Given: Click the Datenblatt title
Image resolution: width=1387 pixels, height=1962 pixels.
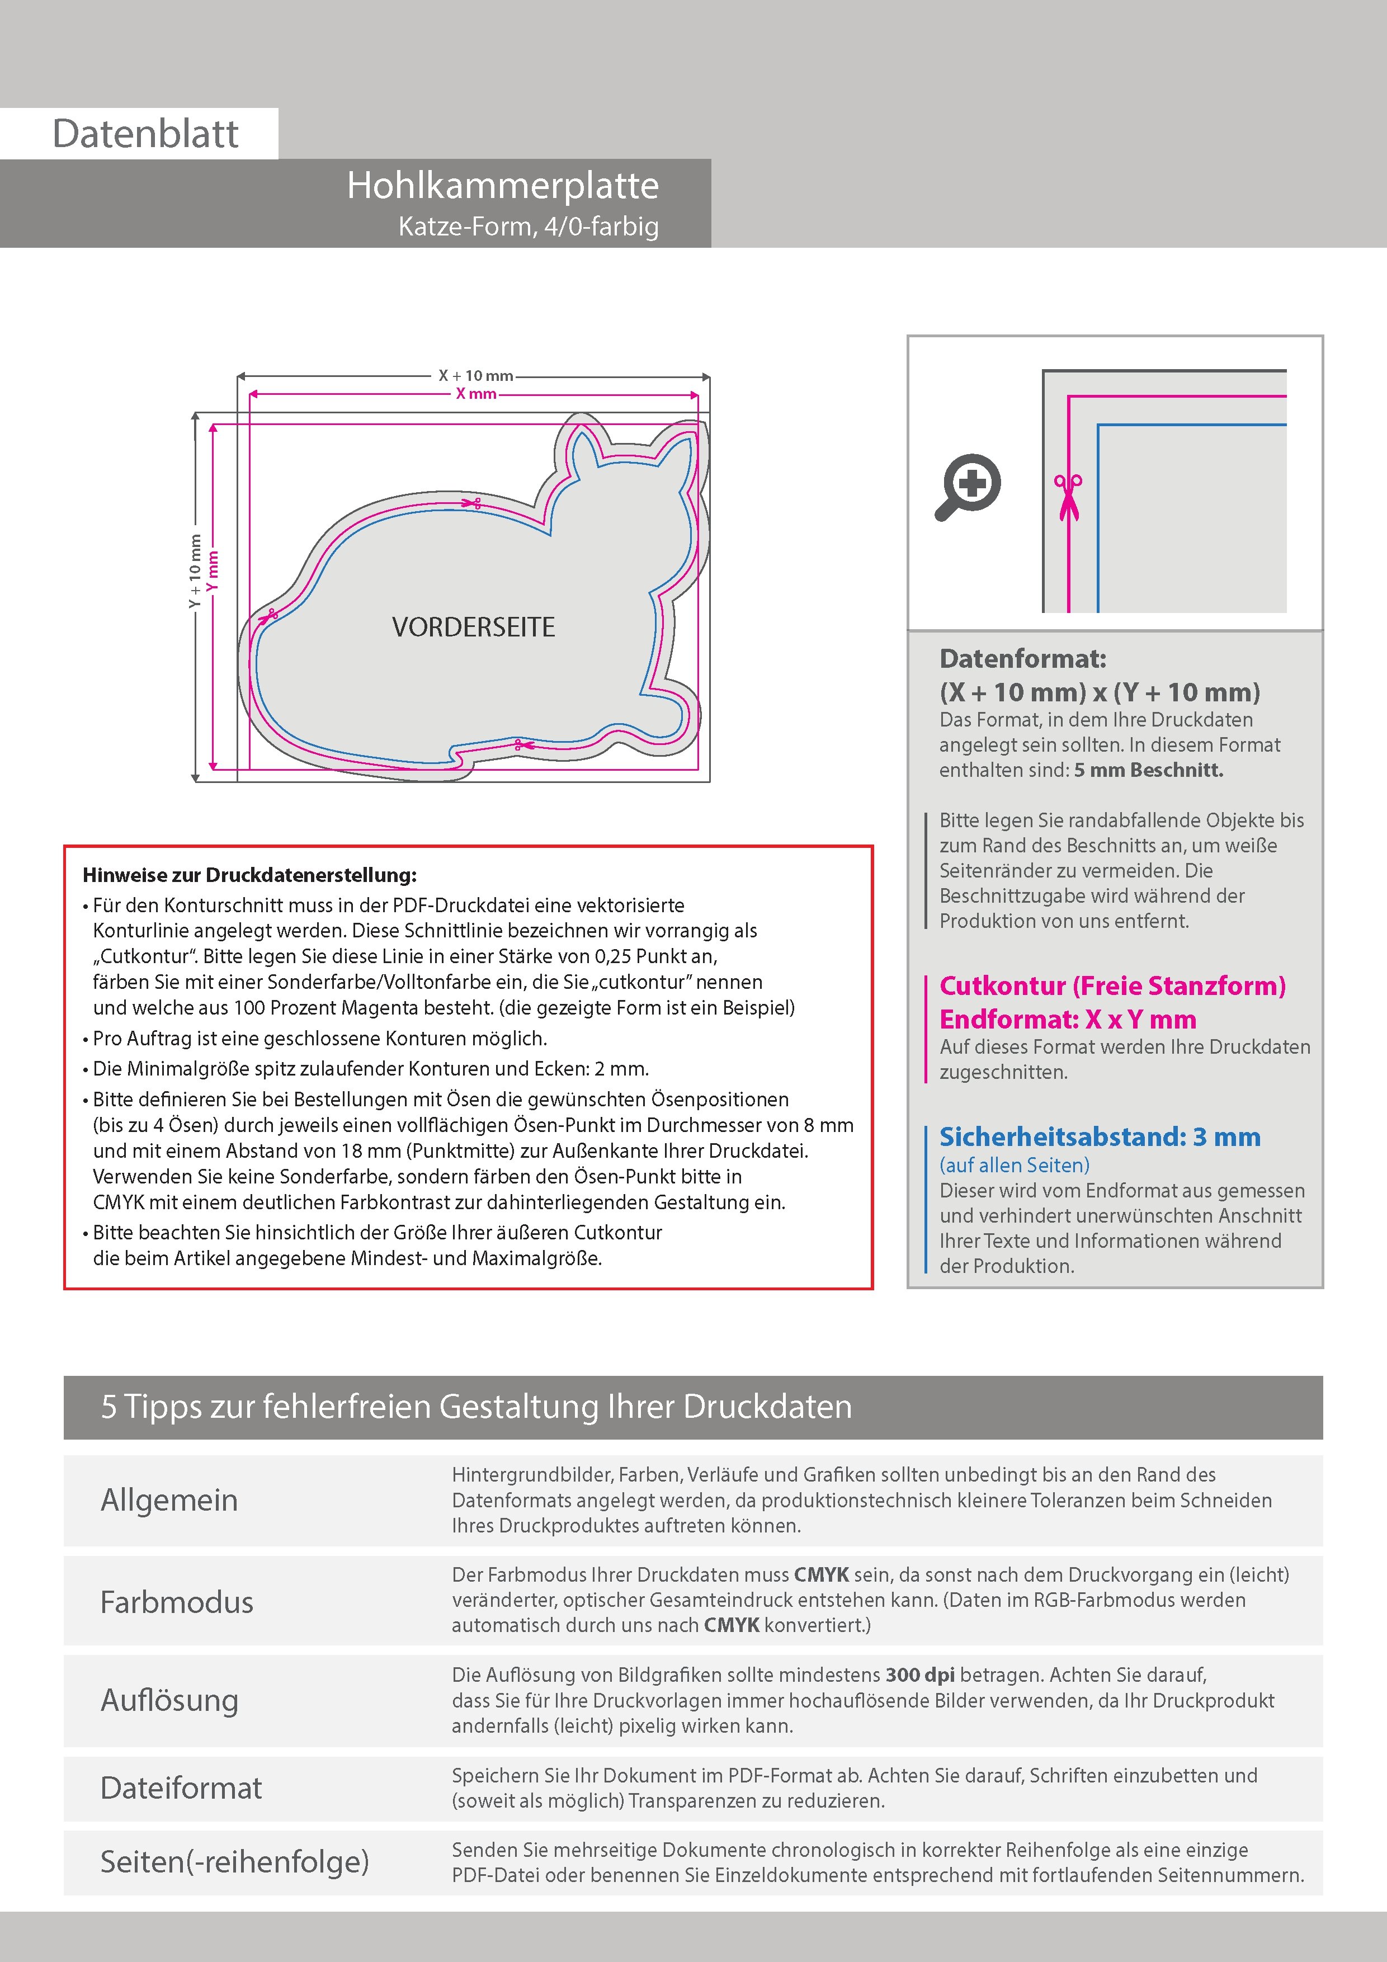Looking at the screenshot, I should point(145,134).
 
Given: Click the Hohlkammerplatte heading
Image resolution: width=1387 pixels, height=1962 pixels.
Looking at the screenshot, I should point(502,186).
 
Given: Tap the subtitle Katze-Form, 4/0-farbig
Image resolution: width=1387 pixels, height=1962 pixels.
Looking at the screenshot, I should point(528,227).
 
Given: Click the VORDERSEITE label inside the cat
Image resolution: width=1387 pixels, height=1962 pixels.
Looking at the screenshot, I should point(474,627).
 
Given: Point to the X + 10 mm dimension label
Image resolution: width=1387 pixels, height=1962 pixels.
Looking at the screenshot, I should point(475,375).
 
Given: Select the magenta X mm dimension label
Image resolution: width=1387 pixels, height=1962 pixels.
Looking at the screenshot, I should point(476,394).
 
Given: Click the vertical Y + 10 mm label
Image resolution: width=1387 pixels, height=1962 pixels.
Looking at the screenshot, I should point(195,571).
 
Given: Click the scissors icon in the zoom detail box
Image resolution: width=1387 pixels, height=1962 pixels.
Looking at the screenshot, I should point(1068,496).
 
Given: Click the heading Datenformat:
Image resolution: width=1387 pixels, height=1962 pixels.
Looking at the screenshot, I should point(1022,659).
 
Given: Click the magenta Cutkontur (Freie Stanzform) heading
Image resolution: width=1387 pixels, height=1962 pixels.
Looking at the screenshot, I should point(1112,986).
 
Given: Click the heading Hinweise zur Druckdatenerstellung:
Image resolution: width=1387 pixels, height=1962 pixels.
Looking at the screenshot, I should point(249,875).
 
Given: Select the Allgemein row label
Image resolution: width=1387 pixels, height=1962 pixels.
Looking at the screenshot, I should point(169,1499).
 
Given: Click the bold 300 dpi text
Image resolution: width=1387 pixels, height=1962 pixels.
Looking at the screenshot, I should point(921,1675).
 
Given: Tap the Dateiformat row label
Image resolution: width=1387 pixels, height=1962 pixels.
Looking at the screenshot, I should point(181,1788).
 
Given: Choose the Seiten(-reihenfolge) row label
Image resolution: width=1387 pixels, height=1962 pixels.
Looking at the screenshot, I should point(234,1861).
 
